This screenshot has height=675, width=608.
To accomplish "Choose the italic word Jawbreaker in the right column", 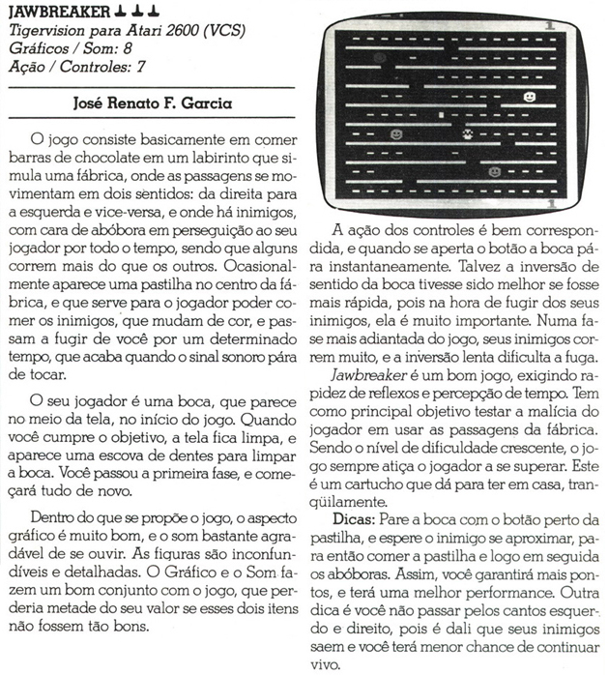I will click(x=368, y=372).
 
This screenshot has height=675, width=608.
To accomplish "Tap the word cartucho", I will click(x=415, y=485).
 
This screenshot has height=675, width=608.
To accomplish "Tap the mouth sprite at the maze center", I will click(x=468, y=135).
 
